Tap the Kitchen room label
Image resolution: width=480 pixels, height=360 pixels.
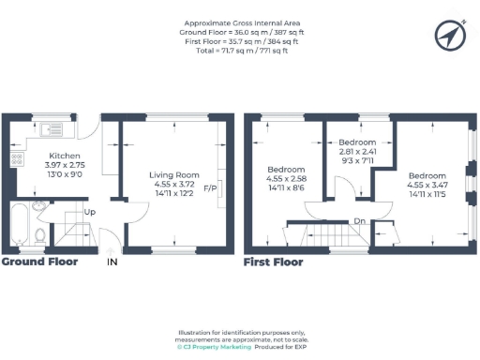pos(66,156)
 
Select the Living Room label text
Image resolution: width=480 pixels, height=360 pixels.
pos(175,174)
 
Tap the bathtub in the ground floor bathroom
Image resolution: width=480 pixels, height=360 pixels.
pos(19,227)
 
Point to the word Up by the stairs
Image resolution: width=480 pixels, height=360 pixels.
pos(90,213)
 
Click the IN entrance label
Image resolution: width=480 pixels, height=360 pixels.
pos(112,262)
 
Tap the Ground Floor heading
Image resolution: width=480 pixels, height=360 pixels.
pos(39,262)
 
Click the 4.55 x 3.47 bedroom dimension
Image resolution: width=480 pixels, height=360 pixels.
pos(428,184)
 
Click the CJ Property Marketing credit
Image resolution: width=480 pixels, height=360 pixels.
pos(217,347)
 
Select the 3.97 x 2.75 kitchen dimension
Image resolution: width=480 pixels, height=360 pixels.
pos(66,165)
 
